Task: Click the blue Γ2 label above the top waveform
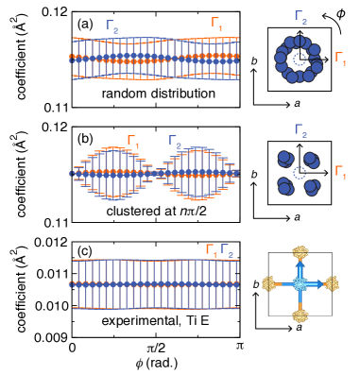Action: pyautogui.click(x=112, y=27)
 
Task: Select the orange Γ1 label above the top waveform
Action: pyautogui.click(x=217, y=24)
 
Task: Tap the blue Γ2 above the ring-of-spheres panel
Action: pyautogui.click(x=300, y=17)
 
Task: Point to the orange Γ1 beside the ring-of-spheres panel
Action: pyautogui.click(x=340, y=59)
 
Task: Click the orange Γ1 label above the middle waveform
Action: pyautogui.click(x=133, y=143)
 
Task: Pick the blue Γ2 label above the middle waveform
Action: pyautogui.click(x=175, y=143)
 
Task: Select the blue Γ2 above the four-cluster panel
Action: pyautogui.click(x=300, y=130)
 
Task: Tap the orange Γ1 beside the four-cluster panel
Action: pyautogui.click(x=340, y=172)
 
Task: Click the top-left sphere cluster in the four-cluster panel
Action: pyautogui.click(x=285, y=159)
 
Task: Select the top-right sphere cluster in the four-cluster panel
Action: pyautogui.click(x=311, y=160)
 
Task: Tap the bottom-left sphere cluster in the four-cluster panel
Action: pyautogui.click(x=285, y=186)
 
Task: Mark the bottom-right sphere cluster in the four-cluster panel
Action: pyautogui.click(x=311, y=187)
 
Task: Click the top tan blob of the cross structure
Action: pyautogui.click(x=300, y=253)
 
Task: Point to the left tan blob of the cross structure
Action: pyautogui.click(x=269, y=283)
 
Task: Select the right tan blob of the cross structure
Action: pyautogui.click(x=331, y=283)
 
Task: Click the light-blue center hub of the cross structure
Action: pyautogui.click(x=300, y=283)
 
